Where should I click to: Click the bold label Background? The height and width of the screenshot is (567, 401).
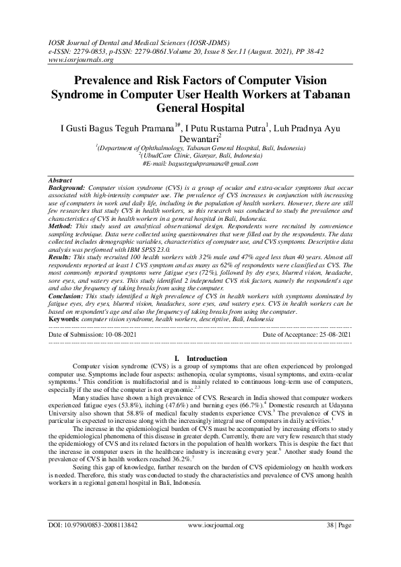(67, 188)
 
